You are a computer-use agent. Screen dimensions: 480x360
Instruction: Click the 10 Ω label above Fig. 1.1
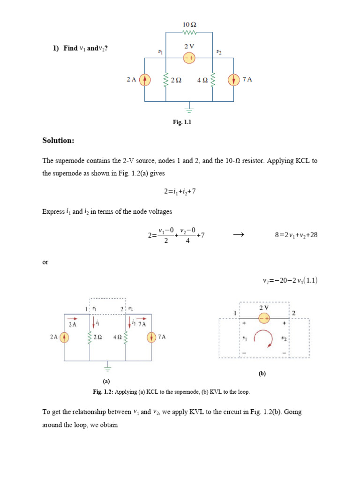189,24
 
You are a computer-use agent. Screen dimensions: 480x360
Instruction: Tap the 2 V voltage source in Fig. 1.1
189,57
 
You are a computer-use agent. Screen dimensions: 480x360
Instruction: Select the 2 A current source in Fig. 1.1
145,80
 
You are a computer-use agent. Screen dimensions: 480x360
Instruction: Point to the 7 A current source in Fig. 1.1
233,80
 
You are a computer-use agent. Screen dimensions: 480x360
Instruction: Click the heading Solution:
58,140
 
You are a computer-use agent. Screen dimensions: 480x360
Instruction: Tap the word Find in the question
71,48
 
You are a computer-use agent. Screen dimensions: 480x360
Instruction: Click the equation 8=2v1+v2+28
296,235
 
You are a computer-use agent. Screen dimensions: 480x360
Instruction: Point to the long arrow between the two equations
239,235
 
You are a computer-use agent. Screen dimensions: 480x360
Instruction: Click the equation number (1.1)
310,281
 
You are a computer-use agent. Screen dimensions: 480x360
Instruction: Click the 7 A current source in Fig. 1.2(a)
151,337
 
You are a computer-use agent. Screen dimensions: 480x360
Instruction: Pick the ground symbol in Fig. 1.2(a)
108,367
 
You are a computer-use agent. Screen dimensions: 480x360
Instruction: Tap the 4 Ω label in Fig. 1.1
202,80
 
